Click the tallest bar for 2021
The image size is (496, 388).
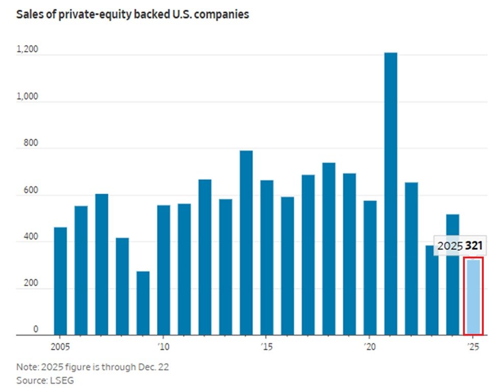(391, 193)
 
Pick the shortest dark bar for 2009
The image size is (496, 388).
(143, 303)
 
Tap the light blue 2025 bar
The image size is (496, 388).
(473, 297)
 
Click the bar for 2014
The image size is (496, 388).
(246, 243)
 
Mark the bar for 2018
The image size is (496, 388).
(329, 249)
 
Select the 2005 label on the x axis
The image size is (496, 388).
(60, 346)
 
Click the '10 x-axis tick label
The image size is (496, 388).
(163, 346)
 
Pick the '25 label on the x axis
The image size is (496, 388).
(473, 346)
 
